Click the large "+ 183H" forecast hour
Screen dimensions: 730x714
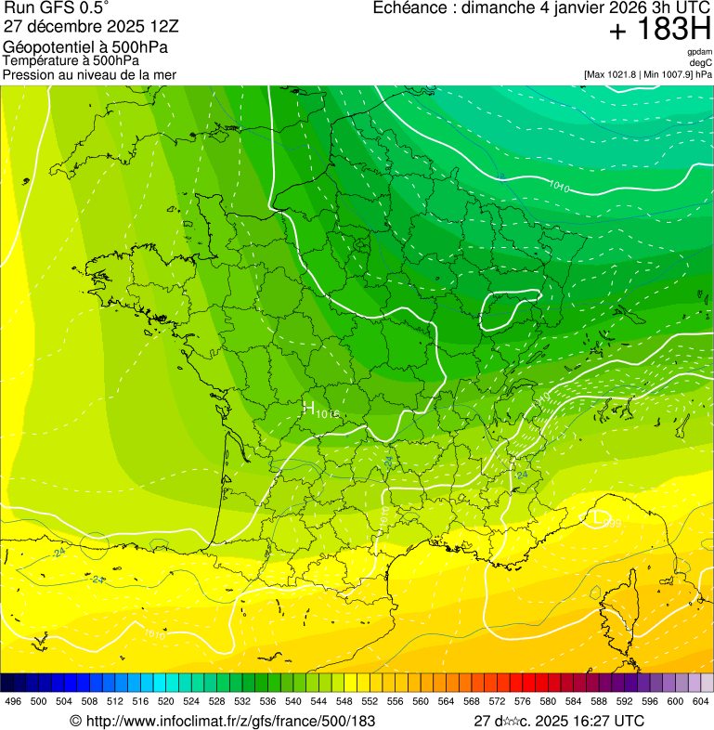point(658,30)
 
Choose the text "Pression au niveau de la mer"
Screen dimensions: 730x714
point(89,74)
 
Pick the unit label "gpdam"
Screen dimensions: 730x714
point(700,52)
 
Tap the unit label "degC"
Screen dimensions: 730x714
point(702,62)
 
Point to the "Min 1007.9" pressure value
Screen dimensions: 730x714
point(666,74)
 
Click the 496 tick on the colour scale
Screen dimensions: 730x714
point(13,701)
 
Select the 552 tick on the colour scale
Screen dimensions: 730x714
point(370,701)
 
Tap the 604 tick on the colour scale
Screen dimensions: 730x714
point(700,701)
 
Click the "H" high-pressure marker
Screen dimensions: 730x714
point(308,408)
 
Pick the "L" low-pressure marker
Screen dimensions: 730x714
point(596,516)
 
